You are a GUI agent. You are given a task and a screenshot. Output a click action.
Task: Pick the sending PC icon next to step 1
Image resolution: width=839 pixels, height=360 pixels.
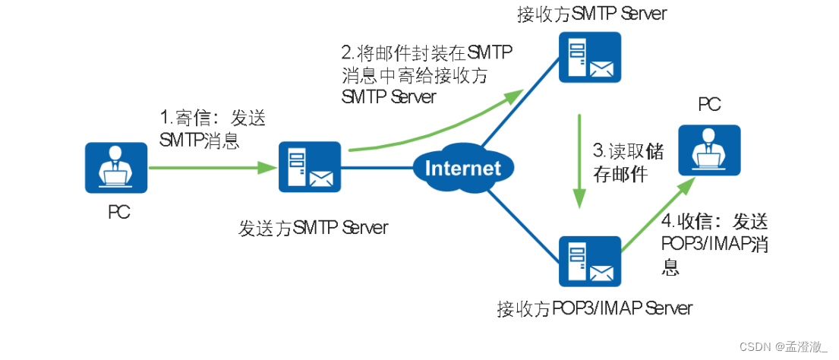[x=115, y=166]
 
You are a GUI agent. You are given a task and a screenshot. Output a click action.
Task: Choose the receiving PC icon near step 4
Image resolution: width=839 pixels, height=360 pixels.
[x=708, y=147]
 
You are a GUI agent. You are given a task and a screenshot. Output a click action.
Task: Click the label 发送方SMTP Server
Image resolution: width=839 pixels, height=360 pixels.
[x=314, y=226]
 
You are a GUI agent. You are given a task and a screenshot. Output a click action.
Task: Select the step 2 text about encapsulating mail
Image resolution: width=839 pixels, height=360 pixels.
[x=425, y=74]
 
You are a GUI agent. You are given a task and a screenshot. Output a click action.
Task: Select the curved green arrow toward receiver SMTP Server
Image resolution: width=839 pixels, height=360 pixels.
[x=440, y=126]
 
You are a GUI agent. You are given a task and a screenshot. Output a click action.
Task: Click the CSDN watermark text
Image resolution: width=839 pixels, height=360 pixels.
[x=790, y=346]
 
